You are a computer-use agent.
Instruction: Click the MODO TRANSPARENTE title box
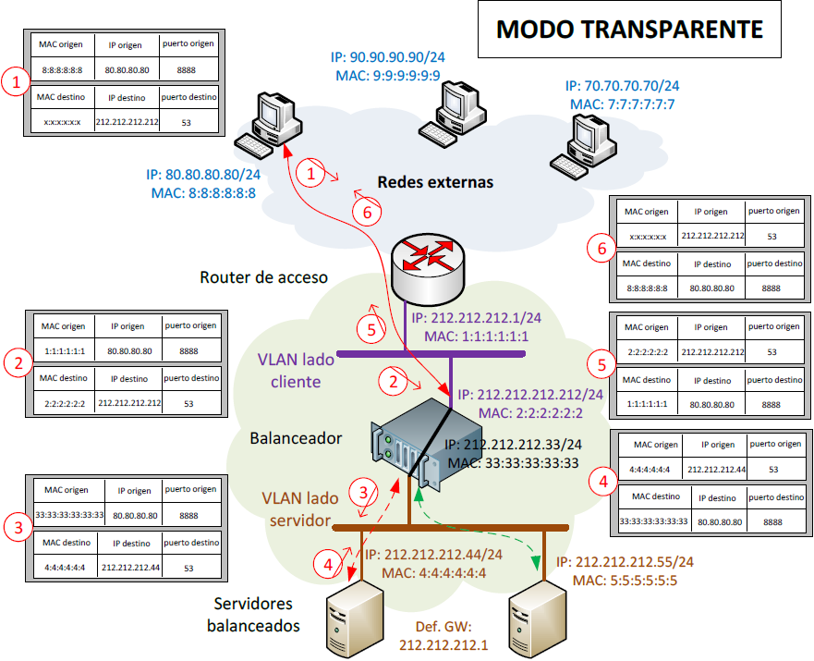click(629, 31)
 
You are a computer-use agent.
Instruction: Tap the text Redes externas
click(434, 182)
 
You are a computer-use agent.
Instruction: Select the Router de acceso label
click(264, 277)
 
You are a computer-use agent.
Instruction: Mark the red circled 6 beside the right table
click(601, 249)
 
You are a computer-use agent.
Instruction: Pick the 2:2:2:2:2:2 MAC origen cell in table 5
click(648, 351)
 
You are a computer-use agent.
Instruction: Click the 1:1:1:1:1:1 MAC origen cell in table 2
click(65, 350)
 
